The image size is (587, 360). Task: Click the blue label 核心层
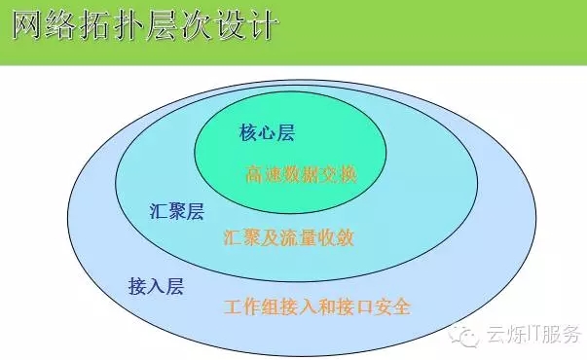coord(267,133)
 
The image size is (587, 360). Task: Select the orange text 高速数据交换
coord(302,175)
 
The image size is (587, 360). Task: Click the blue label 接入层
coord(156,286)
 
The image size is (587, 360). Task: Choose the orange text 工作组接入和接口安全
coord(316,307)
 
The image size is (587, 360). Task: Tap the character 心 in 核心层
coord(267,133)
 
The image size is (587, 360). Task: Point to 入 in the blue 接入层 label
coord(156,286)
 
